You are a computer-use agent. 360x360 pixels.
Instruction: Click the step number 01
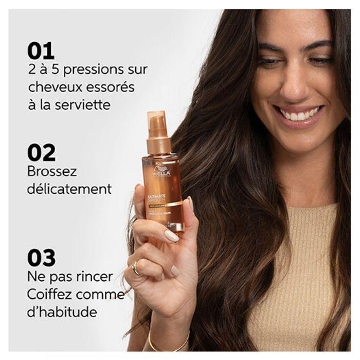pos(41,51)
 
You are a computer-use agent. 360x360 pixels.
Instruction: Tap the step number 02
pos(42,153)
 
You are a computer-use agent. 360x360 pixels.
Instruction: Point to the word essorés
pos(110,87)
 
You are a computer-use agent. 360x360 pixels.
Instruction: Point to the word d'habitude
pos(62,312)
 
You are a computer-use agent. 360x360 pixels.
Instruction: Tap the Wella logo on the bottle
pos(160,172)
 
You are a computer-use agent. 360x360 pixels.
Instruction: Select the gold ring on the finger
pos(135,267)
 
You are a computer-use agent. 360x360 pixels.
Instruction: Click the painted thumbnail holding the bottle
pos(171,236)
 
